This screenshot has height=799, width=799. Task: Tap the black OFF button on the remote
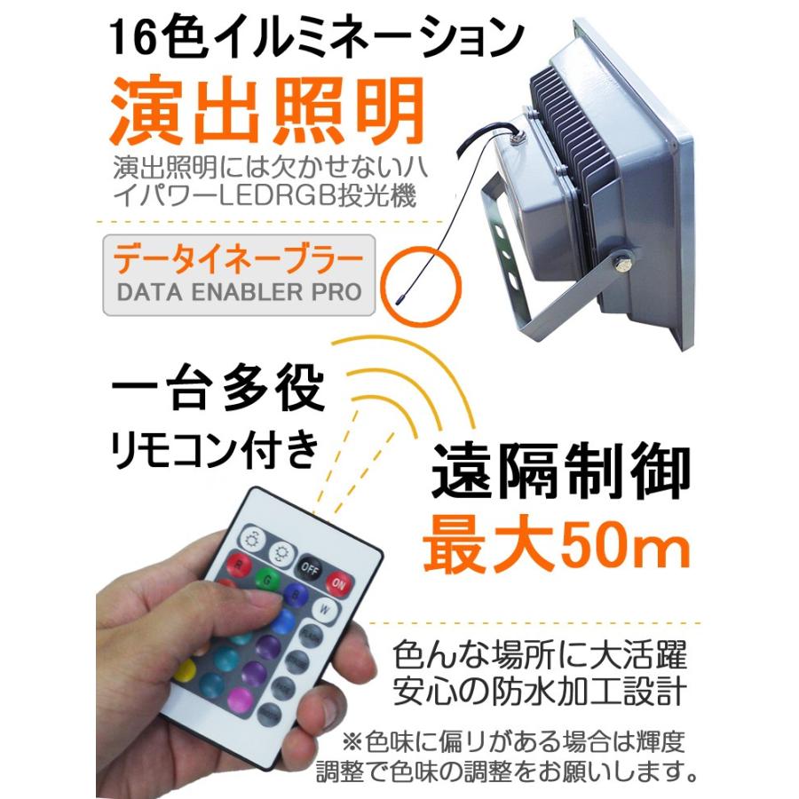[x=308, y=566]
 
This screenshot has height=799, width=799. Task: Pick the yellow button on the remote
[x=185, y=671]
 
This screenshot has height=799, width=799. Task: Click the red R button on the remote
[x=241, y=564]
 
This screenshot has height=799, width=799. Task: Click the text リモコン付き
[x=213, y=451]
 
